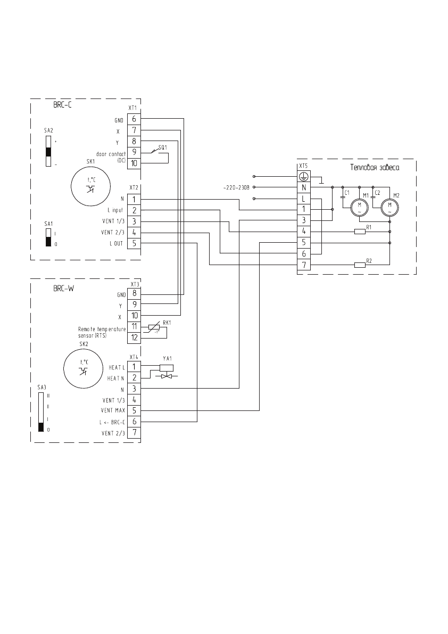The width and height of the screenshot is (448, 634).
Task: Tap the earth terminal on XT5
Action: (x=303, y=176)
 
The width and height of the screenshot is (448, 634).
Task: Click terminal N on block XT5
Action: (x=303, y=187)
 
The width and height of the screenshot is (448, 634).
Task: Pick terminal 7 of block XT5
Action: (x=303, y=265)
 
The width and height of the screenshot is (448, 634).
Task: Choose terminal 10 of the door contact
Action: (x=133, y=163)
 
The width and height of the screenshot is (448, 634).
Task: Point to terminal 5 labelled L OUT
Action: (x=133, y=243)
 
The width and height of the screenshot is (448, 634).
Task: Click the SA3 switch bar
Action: (x=41, y=411)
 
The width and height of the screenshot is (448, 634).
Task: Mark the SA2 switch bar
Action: (x=48, y=151)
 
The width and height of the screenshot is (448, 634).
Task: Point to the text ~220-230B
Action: (x=238, y=187)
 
